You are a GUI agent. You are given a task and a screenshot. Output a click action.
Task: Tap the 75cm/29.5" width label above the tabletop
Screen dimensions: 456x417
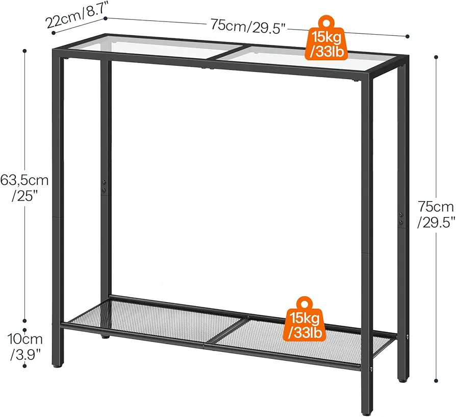pyautogui.click(x=248, y=26)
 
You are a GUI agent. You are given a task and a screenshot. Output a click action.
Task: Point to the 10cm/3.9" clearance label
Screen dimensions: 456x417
pyautogui.click(x=25, y=347)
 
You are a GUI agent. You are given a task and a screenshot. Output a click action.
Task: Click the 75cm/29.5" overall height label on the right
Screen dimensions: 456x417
pyautogui.click(x=436, y=215)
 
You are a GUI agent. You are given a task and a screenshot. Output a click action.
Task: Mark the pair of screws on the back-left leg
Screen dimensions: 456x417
pyautogui.click(x=104, y=186)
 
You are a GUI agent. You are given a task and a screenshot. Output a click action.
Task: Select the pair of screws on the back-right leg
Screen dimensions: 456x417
pyautogui.click(x=401, y=219)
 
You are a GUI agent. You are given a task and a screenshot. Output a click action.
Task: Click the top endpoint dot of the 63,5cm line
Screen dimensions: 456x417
pyautogui.click(x=24, y=51)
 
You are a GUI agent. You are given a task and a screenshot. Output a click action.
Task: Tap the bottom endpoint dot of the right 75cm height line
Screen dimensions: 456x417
pyautogui.click(x=436, y=380)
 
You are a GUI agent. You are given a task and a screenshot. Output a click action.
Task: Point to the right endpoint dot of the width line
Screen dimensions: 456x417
pyautogui.click(x=408, y=36)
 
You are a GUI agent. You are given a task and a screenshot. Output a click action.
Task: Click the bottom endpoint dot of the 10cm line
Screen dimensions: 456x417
pyautogui.click(x=24, y=365)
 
